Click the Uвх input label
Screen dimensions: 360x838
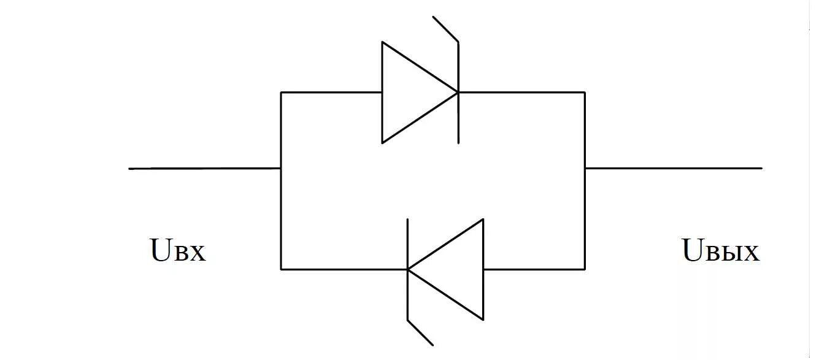[178, 251]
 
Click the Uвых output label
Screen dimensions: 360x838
[721, 251]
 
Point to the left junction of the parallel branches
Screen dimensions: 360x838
[281, 168]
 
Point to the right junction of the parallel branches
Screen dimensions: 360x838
[585, 168]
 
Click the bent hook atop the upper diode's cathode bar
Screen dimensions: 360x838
[446, 29]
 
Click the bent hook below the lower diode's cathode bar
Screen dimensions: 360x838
[420, 332]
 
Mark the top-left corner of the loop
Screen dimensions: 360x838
[281, 93]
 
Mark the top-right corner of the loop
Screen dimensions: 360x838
[585, 93]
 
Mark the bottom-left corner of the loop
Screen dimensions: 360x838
[281, 269]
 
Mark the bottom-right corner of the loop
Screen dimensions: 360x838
[585, 269]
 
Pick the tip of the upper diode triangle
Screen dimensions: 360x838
[457, 93]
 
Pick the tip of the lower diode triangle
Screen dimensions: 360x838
[409, 269]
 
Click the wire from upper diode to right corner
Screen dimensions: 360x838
[521, 93]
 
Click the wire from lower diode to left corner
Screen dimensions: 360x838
[344, 269]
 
